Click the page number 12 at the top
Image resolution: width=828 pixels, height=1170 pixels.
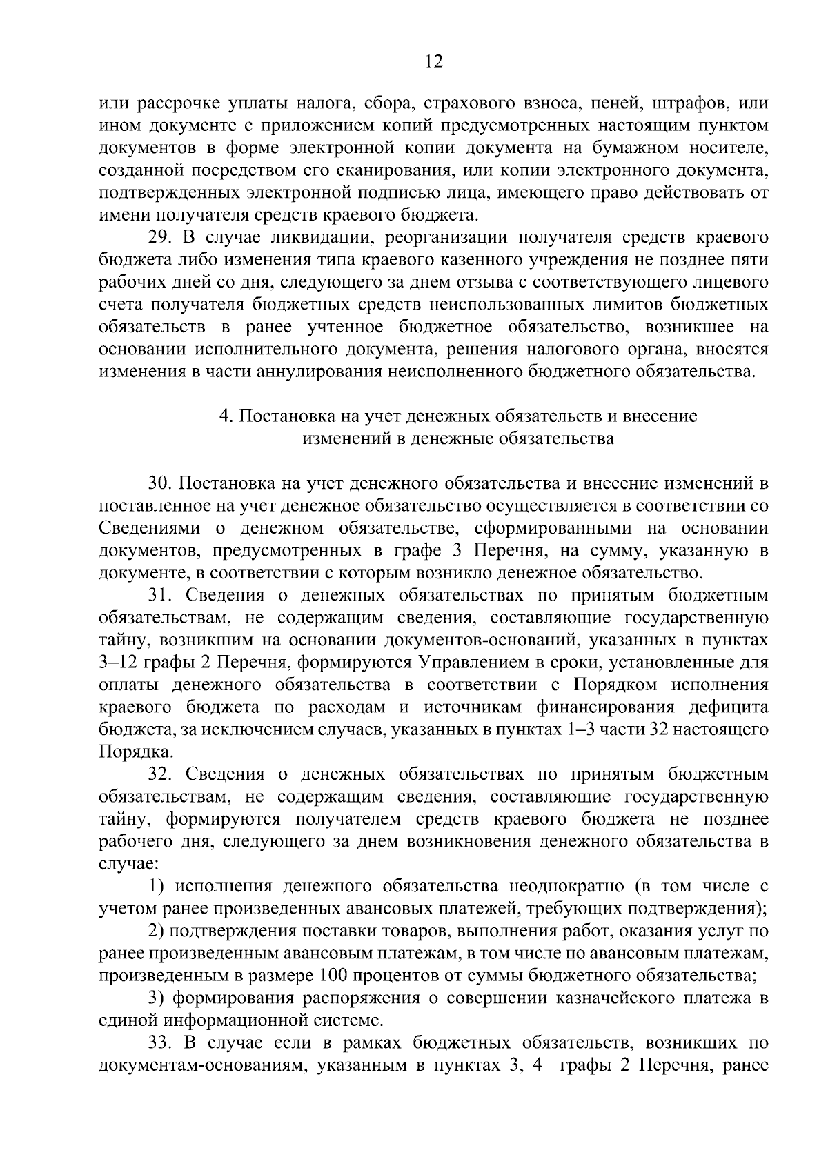click(x=433, y=62)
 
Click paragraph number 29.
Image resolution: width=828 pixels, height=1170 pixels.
click(x=162, y=238)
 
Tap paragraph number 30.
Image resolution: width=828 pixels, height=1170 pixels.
click(x=162, y=483)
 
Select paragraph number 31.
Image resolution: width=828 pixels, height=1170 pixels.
click(x=162, y=596)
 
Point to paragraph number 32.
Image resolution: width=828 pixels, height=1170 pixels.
click(x=162, y=775)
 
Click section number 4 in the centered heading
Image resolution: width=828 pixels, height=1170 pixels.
click(x=224, y=416)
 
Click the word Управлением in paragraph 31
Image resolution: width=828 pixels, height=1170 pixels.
click(x=469, y=663)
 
